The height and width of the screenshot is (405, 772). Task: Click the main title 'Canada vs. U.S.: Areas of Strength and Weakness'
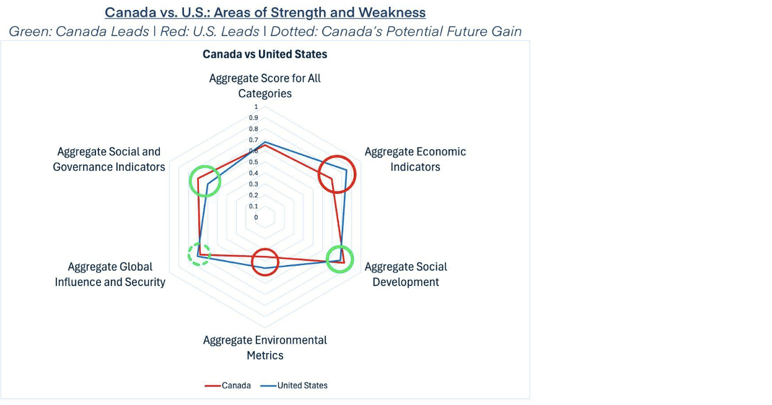click(x=265, y=12)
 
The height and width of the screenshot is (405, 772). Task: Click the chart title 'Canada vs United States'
click(x=265, y=54)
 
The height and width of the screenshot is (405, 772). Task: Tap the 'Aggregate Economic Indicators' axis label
click(x=415, y=159)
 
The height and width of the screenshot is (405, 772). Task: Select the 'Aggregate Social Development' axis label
click(x=406, y=274)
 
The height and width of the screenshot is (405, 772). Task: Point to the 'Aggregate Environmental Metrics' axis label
click(x=265, y=347)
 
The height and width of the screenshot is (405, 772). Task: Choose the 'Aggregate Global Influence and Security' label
click(x=110, y=274)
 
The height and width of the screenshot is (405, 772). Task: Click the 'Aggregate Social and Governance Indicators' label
click(x=109, y=159)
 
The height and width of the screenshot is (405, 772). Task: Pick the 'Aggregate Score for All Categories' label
click(x=265, y=85)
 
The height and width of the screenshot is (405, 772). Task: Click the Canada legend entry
click(x=228, y=385)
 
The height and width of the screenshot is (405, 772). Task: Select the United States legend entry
click(x=294, y=385)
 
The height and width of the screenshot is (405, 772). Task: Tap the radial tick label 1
click(x=256, y=107)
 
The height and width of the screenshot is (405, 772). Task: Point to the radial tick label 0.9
click(x=253, y=118)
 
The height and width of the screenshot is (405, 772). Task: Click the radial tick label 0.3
click(x=253, y=184)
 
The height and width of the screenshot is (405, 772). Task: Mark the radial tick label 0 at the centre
click(x=256, y=217)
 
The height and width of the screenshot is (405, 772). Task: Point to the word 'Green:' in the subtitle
click(x=30, y=32)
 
